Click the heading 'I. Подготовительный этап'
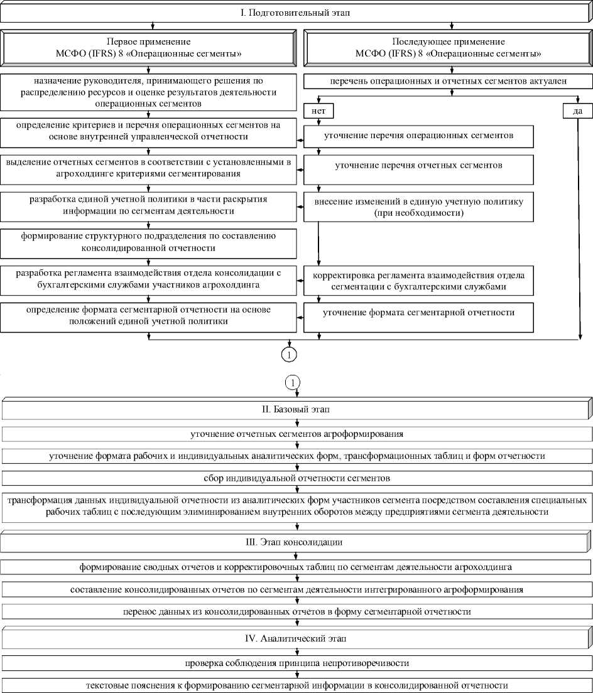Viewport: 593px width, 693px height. (296, 12)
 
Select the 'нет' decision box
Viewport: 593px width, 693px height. (317, 110)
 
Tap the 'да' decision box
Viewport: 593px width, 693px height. (576, 110)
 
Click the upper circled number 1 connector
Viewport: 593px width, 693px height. (290, 355)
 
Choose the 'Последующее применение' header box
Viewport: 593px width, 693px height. (448, 48)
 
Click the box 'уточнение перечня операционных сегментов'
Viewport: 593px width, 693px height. (419, 136)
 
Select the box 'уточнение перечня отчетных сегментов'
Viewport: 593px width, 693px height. (419, 166)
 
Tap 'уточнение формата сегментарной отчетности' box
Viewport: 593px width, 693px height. (419, 313)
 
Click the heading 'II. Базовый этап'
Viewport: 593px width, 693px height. (296, 409)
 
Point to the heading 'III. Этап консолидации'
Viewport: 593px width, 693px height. (296, 541)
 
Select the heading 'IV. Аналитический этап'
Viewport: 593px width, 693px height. (296, 638)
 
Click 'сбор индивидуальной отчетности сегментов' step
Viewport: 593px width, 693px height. (296, 478)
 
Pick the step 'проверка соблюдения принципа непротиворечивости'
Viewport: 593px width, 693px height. (296, 663)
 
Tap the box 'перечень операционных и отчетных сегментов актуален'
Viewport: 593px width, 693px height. (448, 82)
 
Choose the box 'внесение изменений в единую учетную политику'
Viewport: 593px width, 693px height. (419, 206)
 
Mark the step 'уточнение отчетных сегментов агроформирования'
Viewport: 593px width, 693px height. (296, 434)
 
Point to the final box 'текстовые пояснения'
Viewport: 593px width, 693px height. (296, 685)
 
